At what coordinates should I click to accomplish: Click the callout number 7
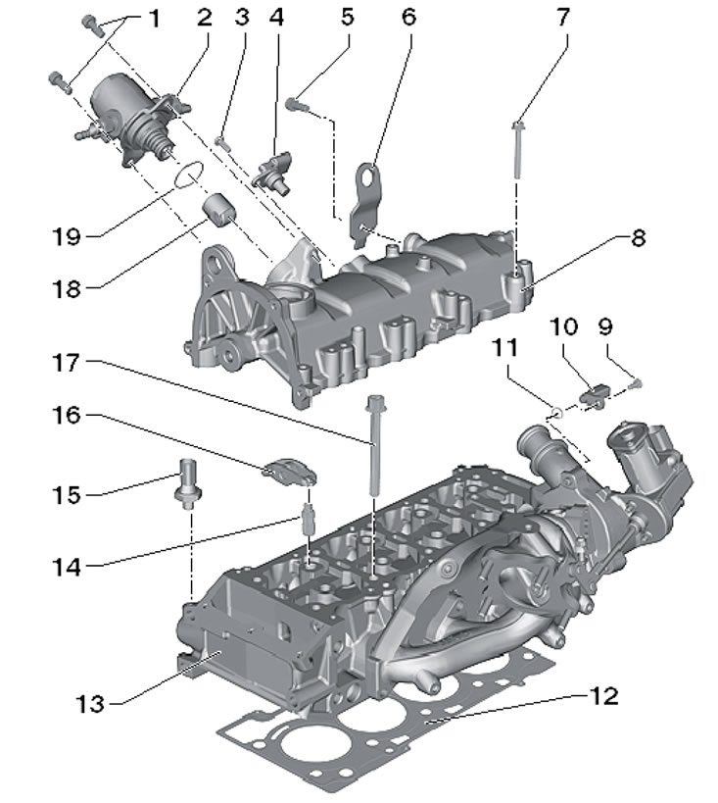[562, 18]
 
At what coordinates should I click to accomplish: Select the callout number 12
[604, 696]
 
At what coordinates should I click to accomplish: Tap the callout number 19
[67, 236]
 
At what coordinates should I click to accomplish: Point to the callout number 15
[67, 495]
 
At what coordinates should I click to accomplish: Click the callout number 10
[564, 326]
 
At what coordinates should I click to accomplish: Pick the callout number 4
[276, 18]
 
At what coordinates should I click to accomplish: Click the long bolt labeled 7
[518, 150]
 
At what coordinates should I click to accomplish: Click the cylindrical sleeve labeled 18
[219, 209]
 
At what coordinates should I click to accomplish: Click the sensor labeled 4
[275, 173]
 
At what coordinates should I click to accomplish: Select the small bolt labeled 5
[296, 105]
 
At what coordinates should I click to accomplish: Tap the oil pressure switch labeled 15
[188, 484]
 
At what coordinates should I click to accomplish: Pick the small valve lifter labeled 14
[309, 519]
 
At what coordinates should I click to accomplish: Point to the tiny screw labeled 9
[635, 382]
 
